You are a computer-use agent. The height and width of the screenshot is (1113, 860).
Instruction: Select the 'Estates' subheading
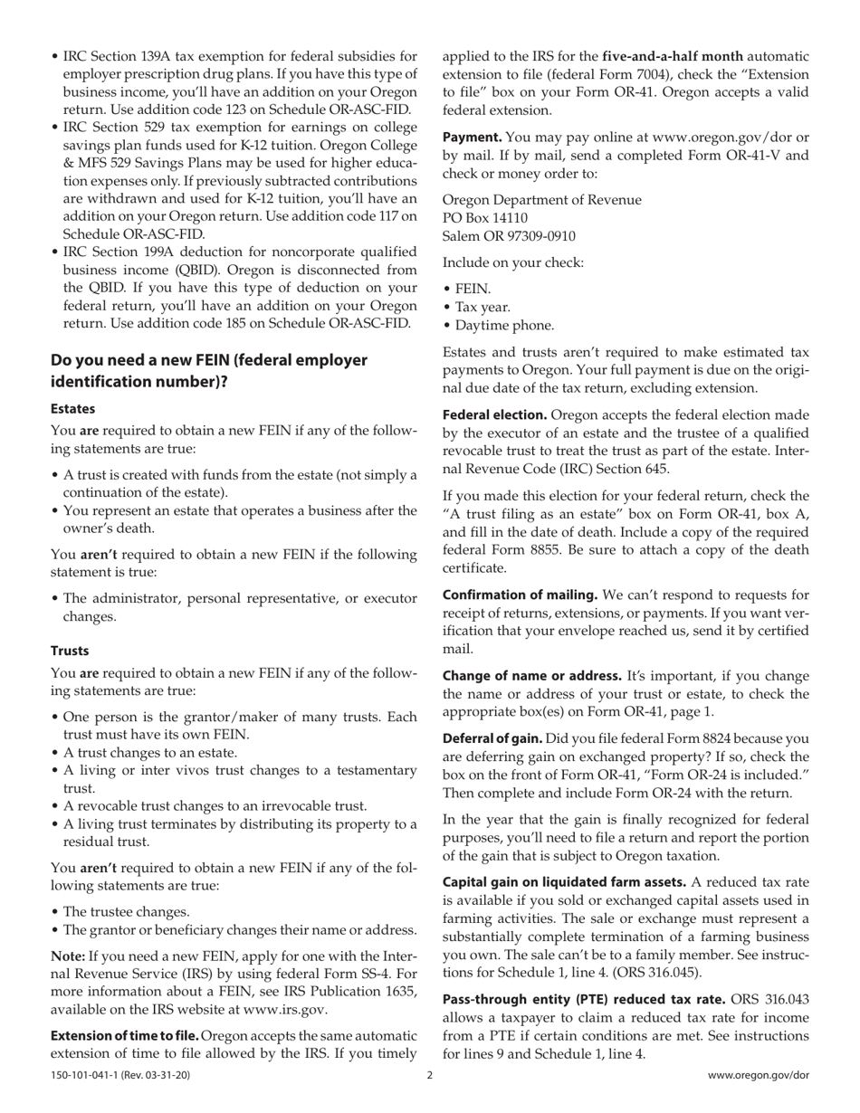point(72,409)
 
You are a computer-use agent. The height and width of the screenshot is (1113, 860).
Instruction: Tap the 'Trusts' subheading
point(70,651)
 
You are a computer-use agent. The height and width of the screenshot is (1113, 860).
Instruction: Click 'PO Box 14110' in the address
point(485,218)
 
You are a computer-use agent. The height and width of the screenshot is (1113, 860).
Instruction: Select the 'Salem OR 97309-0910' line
point(509,236)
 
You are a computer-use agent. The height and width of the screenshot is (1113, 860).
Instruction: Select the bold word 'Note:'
point(68,956)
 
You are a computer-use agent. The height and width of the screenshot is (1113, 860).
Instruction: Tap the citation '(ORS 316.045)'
point(656,973)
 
